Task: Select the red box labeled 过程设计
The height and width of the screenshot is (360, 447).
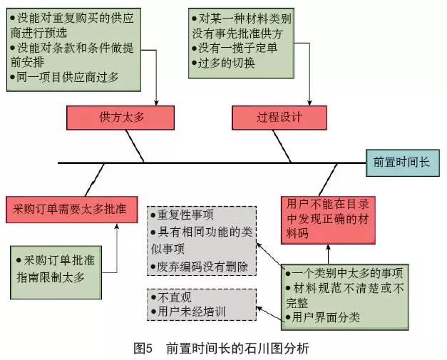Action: click(x=279, y=116)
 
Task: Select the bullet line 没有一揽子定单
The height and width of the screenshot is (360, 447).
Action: click(x=235, y=47)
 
